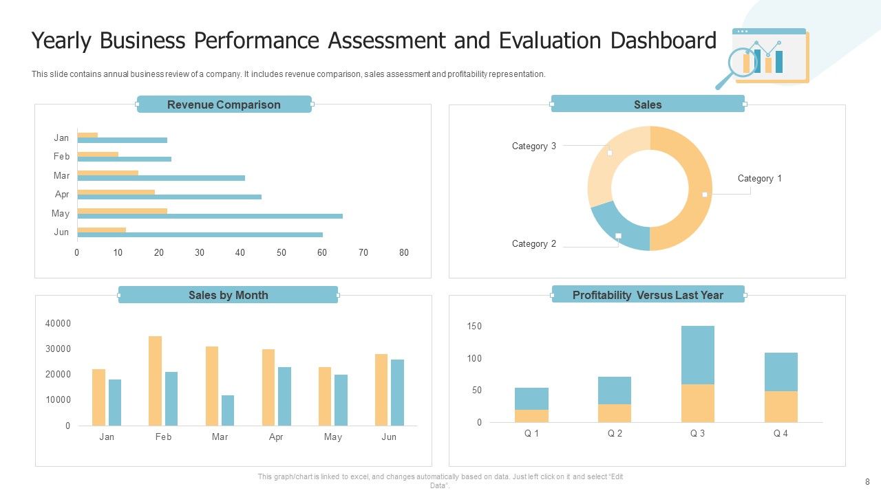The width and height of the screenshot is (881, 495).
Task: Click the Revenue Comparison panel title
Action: (x=224, y=104)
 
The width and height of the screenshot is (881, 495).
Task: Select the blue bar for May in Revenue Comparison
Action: (x=210, y=216)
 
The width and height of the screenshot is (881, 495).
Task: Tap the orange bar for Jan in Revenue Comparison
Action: (x=87, y=135)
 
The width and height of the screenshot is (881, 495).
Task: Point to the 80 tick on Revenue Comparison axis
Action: (x=404, y=253)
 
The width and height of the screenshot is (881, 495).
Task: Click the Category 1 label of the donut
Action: (x=759, y=179)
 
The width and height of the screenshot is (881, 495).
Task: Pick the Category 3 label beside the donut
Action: (x=533, y=146)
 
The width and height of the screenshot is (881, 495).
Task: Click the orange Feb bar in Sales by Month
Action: (x=155, y=380)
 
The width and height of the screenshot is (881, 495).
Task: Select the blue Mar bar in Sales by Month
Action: (x=228, y=410)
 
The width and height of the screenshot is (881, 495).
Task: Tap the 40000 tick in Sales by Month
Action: (x=58, y=324)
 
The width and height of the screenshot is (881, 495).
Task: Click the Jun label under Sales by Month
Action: (x=389, y=437)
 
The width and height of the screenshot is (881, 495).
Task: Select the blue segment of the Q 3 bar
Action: (x=697, y=355)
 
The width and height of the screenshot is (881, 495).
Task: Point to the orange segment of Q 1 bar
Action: (x=531, y=416)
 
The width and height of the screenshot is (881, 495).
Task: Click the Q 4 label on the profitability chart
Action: (x=781, y=434)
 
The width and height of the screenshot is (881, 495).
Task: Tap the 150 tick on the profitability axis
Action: (x=474, y=327)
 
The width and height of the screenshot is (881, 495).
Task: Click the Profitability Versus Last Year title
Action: (x=648, y=295)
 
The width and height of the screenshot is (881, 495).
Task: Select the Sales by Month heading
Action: (x=228, y=295)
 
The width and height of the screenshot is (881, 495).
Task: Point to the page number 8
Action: (x=867, y=482)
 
